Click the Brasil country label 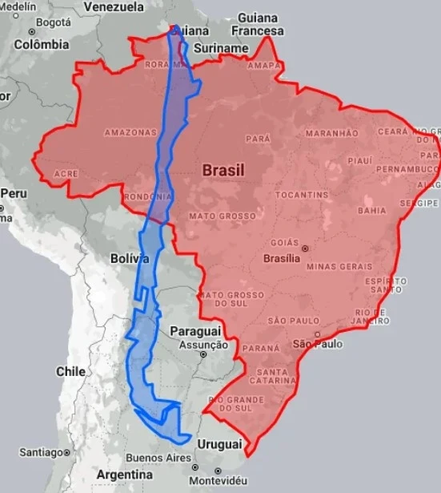(x=223, y=170)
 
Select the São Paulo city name (x=318, y=344)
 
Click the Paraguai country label (x=195, y=331)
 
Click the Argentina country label (x=124, y=475)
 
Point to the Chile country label (x=70, y=371)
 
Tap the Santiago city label (x=40, y=452)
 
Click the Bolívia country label (x=130, y=259)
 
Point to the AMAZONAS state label (x=130, y=131)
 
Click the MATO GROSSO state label (x=223, y=216)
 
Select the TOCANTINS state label (x=302, y=195)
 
